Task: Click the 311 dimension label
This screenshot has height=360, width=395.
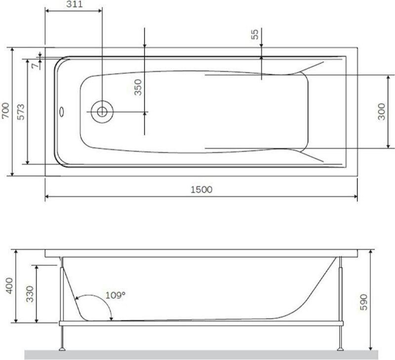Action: coord(75,4)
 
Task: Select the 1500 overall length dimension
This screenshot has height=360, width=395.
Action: coord(201,189)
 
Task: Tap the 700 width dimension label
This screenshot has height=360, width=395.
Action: coord(5,110)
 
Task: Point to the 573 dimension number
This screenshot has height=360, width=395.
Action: coord(21,111)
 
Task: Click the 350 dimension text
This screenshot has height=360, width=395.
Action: coord(138,87)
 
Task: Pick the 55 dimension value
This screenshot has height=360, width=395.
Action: coord(255,35)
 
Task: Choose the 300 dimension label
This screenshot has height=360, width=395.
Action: coord(382,111)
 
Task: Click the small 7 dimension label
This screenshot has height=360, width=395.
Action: coord(36,66)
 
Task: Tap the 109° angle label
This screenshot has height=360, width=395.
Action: coord(116,295)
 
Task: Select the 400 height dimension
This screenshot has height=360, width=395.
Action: coord(9,286)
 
